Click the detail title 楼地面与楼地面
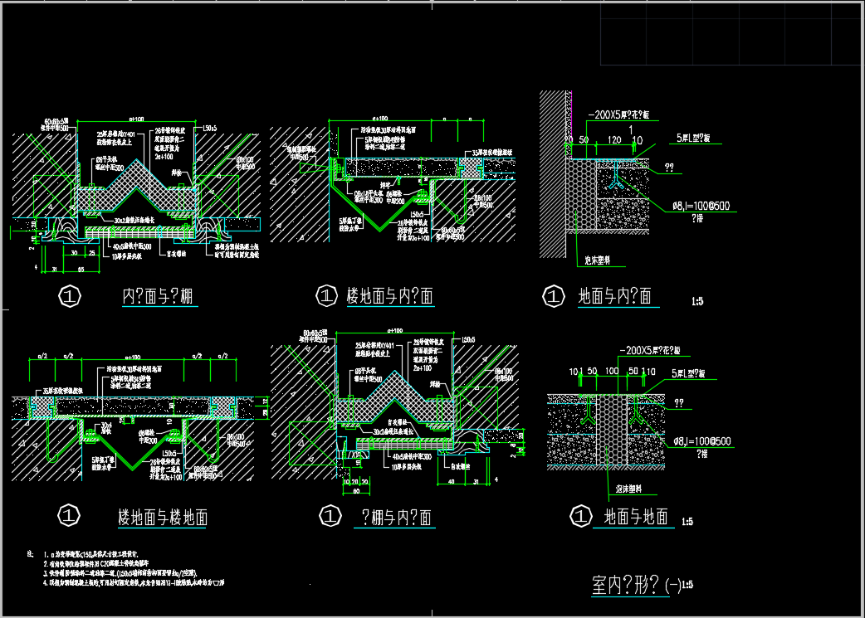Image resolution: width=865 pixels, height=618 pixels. tap(163, 518)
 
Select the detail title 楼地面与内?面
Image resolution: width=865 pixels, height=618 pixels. tap(390, 296)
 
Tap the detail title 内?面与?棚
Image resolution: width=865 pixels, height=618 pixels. tap(159, 296)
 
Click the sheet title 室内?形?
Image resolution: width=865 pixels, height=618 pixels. tap(627, 586)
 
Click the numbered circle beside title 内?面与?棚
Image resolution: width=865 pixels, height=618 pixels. tap(70, 295)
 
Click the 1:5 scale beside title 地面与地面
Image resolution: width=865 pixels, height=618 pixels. tap(687, 522)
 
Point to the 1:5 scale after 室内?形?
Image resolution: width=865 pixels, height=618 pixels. tap(686, 586)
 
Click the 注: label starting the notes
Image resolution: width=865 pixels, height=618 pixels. tap(30, 552)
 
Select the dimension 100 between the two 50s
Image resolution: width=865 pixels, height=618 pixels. tap(613, 372)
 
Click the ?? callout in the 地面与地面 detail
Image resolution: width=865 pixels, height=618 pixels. tap(681, 402)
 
